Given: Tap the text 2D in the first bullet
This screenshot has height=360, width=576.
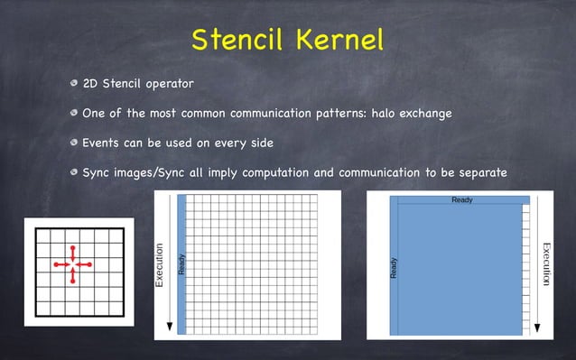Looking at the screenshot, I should tap(89, 85).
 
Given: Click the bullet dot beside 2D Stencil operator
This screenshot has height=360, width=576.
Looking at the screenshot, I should tap(74, 85).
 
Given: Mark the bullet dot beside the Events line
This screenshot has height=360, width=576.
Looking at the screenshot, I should tap(74, 143).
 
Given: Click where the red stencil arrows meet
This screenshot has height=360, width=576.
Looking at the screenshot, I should tap(73, 264).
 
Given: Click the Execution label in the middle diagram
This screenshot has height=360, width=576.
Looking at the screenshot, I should tap(160, 265).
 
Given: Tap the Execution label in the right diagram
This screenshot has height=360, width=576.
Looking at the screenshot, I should tap(546, 264).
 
